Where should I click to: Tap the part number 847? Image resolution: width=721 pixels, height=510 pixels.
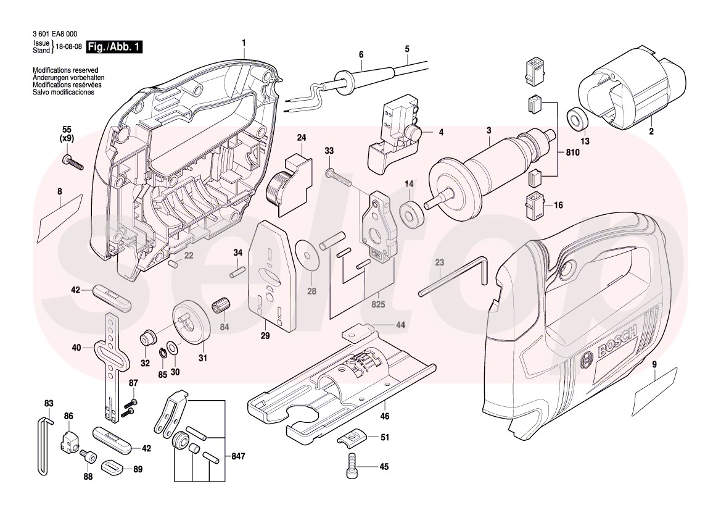point(238,457)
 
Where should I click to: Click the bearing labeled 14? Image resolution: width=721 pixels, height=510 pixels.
point(409,213)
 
